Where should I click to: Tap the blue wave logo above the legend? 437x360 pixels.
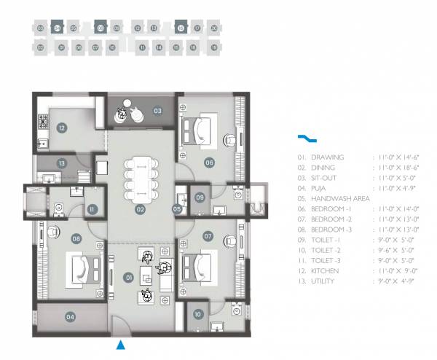tap(307, 138)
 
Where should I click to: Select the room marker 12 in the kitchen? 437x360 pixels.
tap(63, 129)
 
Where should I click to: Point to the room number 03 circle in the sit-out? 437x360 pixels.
tap(157, 111)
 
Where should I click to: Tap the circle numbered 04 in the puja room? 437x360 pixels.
tap(70, 317)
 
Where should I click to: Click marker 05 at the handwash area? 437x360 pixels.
tap(177, 209)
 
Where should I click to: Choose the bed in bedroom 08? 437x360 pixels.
tap(79, 265)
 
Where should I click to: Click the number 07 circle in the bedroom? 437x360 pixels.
tap(208, 236)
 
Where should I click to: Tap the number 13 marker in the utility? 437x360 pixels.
tap(63, 163)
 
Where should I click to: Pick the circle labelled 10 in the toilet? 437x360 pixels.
tap(198, 314)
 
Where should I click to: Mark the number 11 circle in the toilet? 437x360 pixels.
tap(92, 209)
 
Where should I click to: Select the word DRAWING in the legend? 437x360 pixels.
tap(327, 157)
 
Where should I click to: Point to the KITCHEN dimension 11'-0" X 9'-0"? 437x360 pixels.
tap(396, 270)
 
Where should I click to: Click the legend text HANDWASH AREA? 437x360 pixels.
tap(341, 198)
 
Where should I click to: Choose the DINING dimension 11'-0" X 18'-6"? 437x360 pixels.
tap(397, 168)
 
